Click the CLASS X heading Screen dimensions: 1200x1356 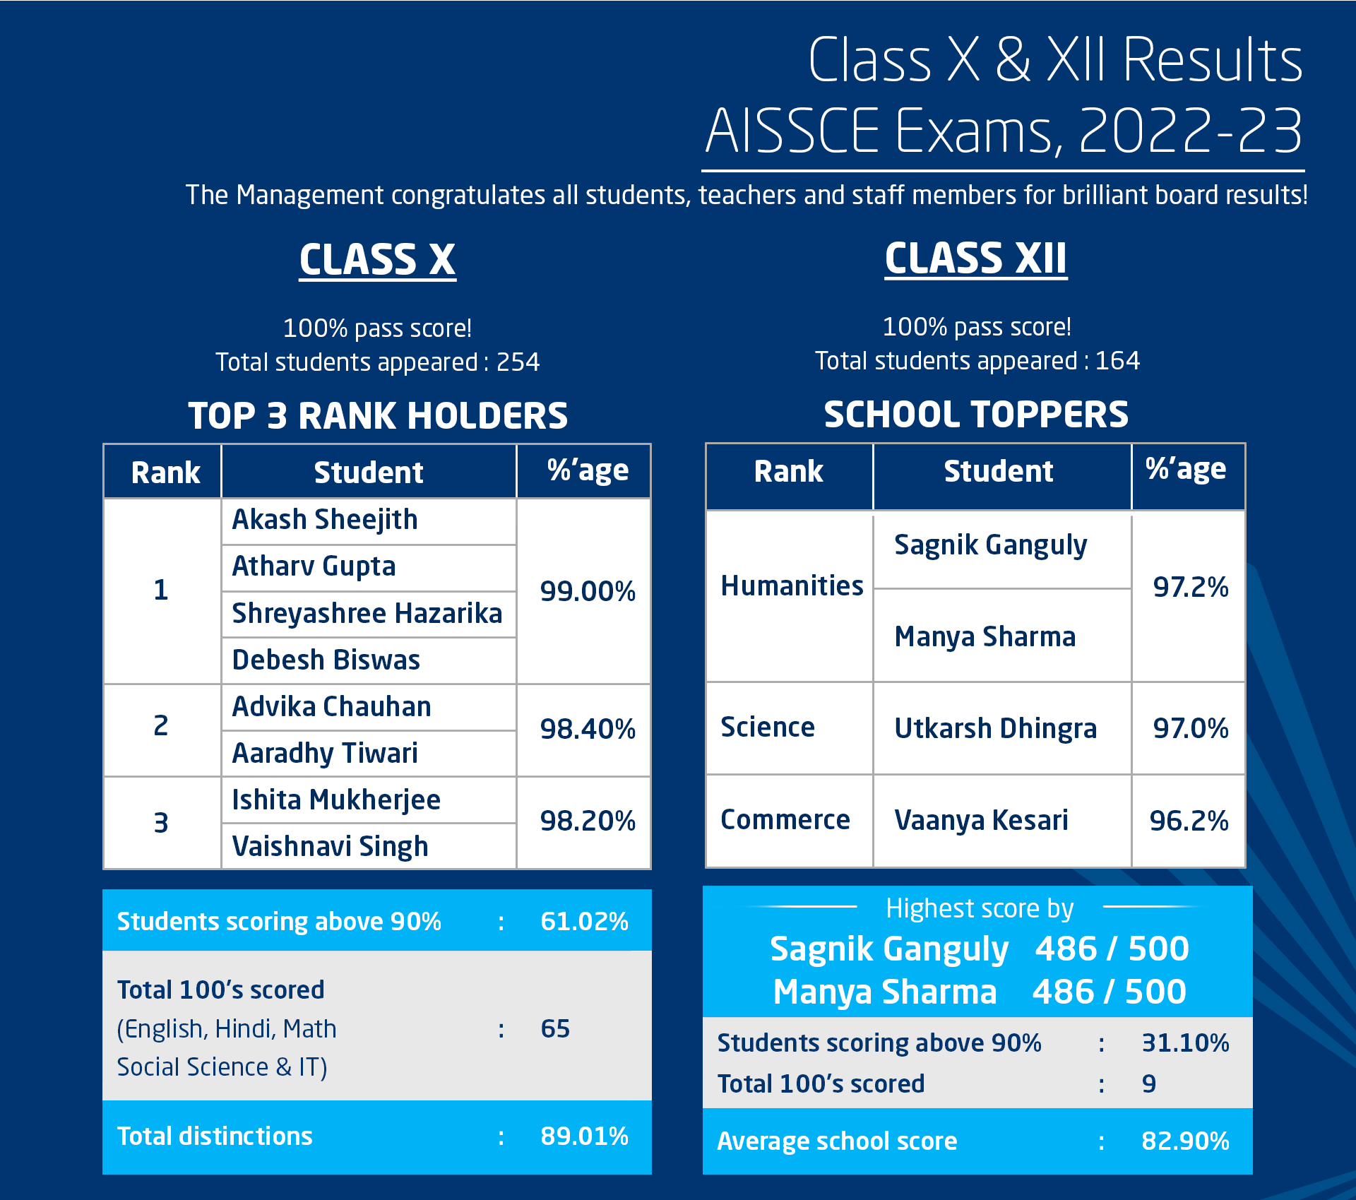tap(377, 259)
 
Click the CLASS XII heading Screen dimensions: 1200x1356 tap(975, 258)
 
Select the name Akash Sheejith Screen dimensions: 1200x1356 tap(325, 520)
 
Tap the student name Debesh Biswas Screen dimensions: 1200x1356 tap(326, 660)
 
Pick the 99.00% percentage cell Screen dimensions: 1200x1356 tap(588, 591)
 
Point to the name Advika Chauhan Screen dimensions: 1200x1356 tap(331, 706)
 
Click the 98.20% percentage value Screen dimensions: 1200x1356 tap(588, 821)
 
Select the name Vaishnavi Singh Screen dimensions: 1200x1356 tap(330, 846)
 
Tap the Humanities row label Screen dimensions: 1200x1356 tap(792, 586)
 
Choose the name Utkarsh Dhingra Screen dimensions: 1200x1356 tap(995, 728)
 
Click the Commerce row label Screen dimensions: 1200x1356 tap(785, 819)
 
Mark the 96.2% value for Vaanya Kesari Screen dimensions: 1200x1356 tap(1189, 821)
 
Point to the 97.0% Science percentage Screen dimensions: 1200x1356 tap(1190, 728)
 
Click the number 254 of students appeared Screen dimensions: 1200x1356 tap(518, 362)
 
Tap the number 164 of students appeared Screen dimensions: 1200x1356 tap(1117, 361)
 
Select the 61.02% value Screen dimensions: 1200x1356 tap(584, 921)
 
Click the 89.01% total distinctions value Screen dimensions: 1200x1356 tap(584, 1136)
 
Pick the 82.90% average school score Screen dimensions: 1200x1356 tap(1185, 1141)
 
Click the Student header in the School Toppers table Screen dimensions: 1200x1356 tap(998, 471)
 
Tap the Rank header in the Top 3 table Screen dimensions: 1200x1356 tap(165, 473)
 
